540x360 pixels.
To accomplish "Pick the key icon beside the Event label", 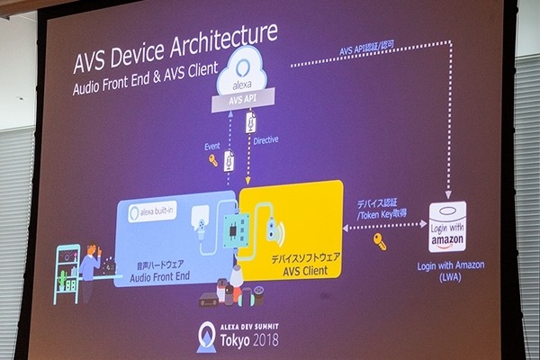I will pyautogui.click(x=212, y=161).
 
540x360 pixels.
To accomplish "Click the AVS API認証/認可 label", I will pyautogui.click(x=370, y=51).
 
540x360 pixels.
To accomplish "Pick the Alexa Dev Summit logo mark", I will pyautogui.click(x=206, y=336).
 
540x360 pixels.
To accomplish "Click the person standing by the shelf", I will pyautogui.click(x=90, y=266).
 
